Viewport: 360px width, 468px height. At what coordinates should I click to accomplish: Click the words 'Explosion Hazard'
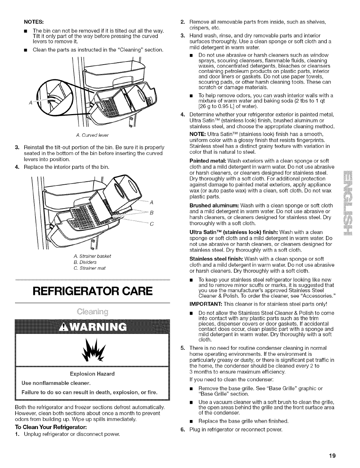point(92,374)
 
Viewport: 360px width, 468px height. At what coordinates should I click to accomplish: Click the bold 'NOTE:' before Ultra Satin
point(197,134)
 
